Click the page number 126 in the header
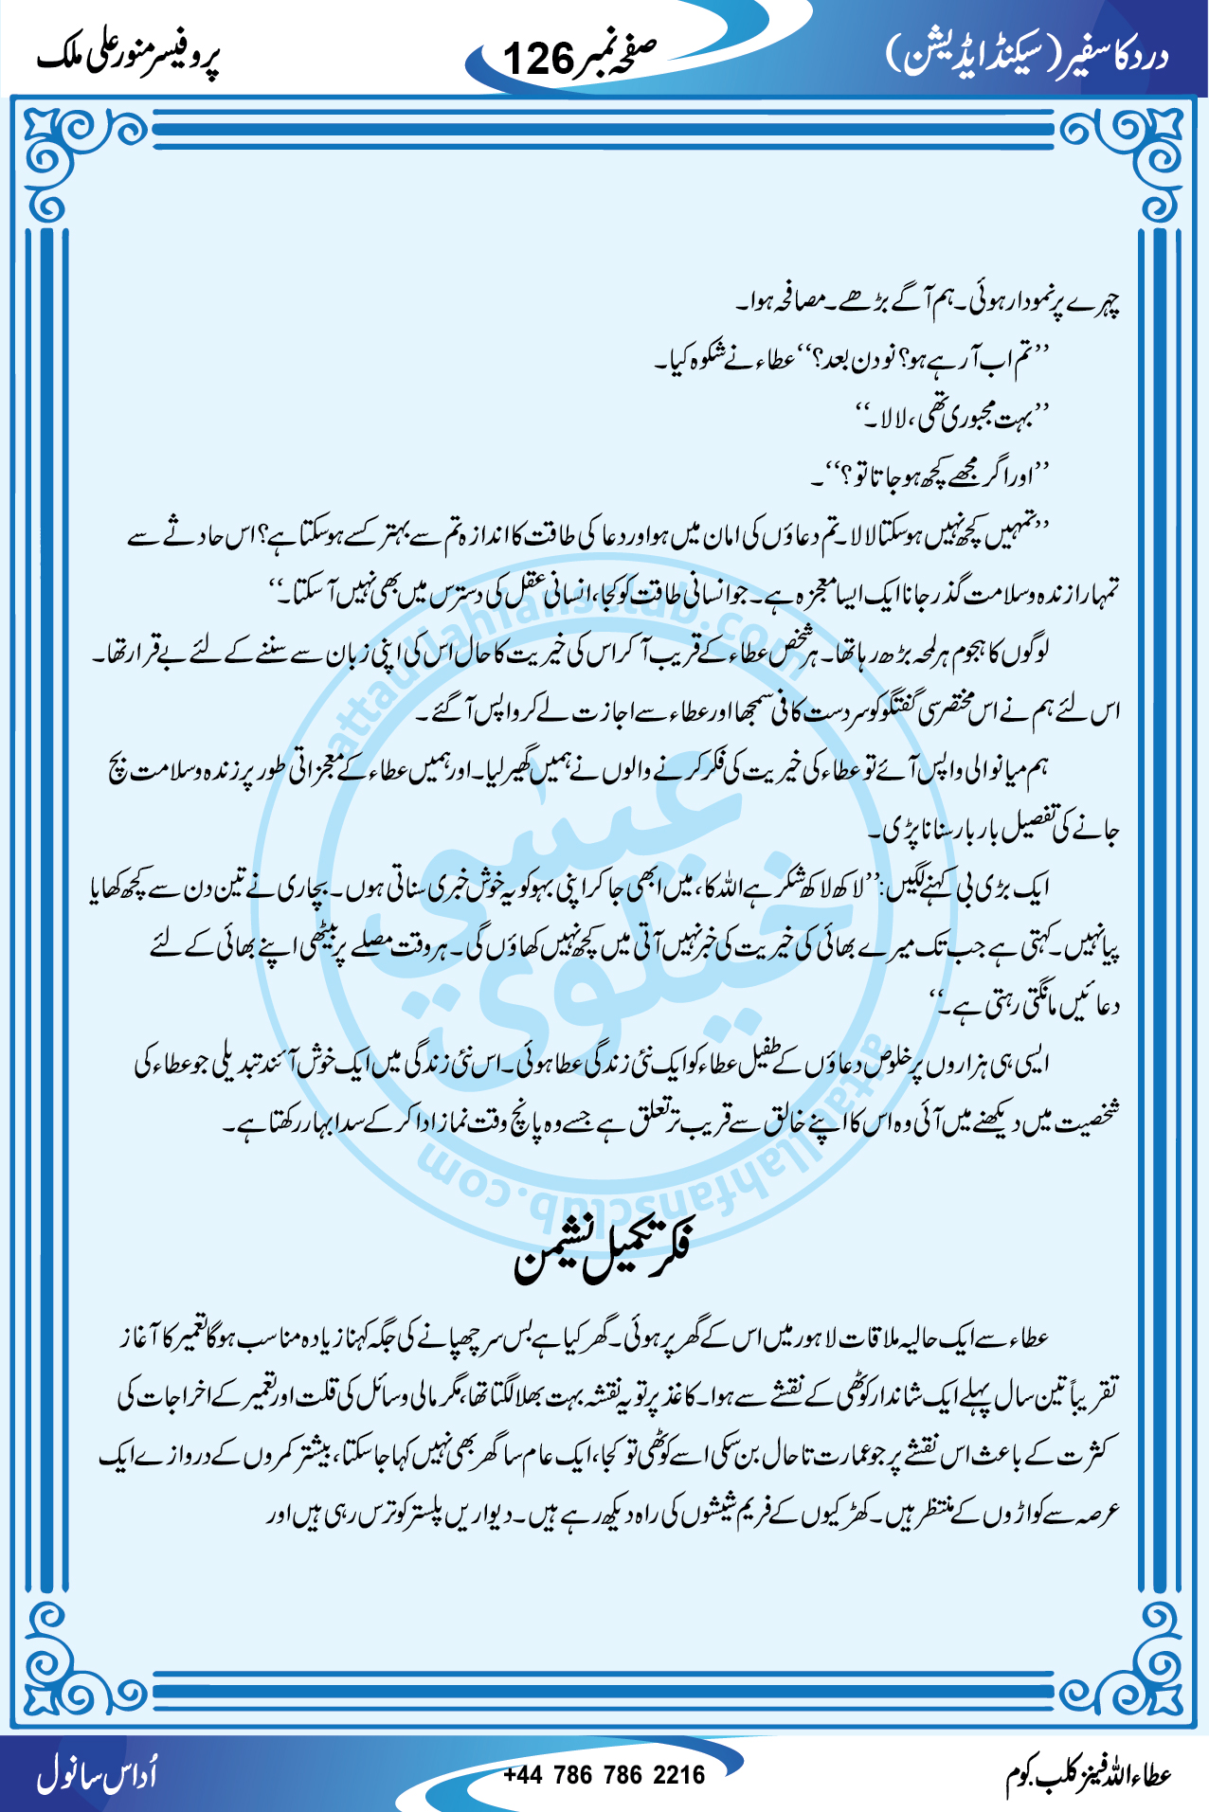tap(538, 59)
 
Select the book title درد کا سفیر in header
tap(1117, 56)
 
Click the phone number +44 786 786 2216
tap(604, 1774)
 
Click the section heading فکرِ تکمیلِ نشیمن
tap(604, 1251)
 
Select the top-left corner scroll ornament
tap(63, 152)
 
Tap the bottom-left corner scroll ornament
tap(63, 1667)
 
